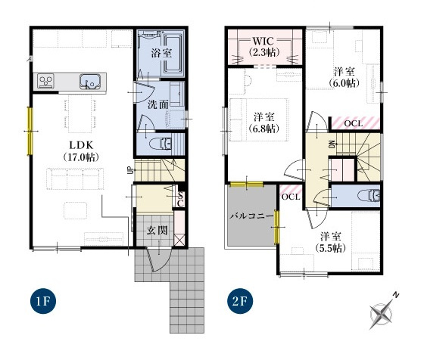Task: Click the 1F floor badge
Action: pyautogui.click(x=43, y=301)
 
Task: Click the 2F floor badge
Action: pyautogui.click(x=241, y=301)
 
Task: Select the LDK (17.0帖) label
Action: pyautogui.click(x=81, y=151)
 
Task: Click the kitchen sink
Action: pyautogui.click(x=90, y=81)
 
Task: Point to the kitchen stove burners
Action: pyautogui.click(x=45, y=80)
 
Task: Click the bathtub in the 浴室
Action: pyautogui.click(x=173, y=54)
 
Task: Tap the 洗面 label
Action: pyautogui.click(x=158, y=104)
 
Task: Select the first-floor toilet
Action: pyautogui.click(x=161, y=144)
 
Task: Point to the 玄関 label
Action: pyautogui.click(x=157, y=231)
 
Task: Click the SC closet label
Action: pyautogui.click(x=181, y=199)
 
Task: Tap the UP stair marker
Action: pyautogui.click(x=129, y=170)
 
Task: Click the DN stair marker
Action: pyautogui.click(x=332, y=144)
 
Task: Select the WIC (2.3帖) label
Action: pyautogui.click(x=264, y=46)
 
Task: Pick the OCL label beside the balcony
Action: pyautogui.click(x=291, y=197)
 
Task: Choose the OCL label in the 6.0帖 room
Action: pyautogui.click(x=354, y=124)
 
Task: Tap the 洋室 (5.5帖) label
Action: pyautogui.click(x=330, y=242)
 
